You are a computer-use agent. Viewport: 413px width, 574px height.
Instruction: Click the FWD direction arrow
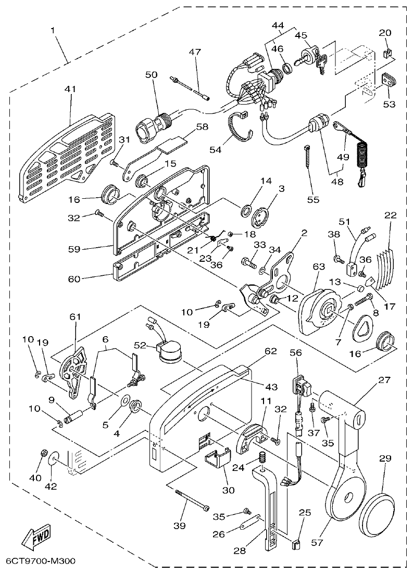(36, 538)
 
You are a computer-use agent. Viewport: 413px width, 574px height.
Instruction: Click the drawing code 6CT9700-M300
(41, 562)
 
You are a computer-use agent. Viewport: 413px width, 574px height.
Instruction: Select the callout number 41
(70, 90)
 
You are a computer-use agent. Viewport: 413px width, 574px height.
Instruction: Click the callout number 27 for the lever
(384, 380)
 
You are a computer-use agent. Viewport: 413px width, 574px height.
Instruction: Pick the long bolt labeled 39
(193, 499)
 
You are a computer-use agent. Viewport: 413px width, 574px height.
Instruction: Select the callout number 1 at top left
(53, 30)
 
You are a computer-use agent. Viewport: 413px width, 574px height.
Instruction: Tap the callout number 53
(389, 104)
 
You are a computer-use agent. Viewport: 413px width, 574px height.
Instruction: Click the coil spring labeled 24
(263, 458)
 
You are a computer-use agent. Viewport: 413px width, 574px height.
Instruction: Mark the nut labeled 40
(44, 453)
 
